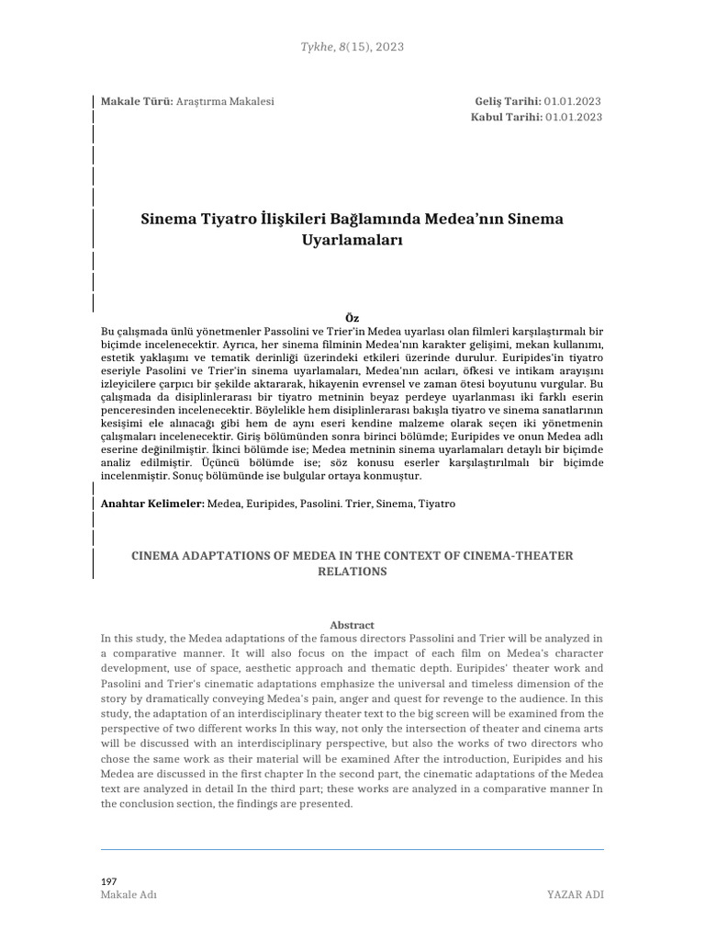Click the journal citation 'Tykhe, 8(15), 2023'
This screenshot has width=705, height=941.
point(352,47)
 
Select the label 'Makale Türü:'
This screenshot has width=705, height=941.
point(130,100)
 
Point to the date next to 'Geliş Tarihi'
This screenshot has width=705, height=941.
point(573,100)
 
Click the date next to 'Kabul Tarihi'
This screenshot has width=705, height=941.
point(573,117)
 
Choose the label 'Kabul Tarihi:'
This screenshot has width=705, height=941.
point(506,117)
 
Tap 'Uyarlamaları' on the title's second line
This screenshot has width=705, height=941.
point(352,241)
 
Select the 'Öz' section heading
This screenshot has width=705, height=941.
point(352,318)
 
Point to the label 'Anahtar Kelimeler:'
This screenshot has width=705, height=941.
point(151,505)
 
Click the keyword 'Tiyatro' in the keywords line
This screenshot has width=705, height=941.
point(436,505)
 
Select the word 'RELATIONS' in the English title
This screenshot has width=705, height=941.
point(352,572)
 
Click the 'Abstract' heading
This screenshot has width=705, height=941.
point(352,625)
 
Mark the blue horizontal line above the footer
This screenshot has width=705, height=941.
point(352,849)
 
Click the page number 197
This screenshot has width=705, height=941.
point(108,881)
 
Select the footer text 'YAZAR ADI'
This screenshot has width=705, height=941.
point(575,895)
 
